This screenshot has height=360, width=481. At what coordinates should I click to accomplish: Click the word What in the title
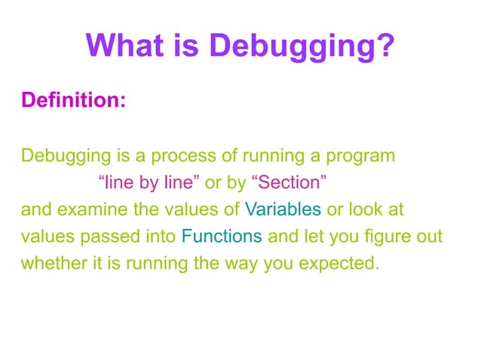click(x=121, y=47)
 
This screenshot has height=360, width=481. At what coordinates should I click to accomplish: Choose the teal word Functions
click(x=222, y=236)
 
